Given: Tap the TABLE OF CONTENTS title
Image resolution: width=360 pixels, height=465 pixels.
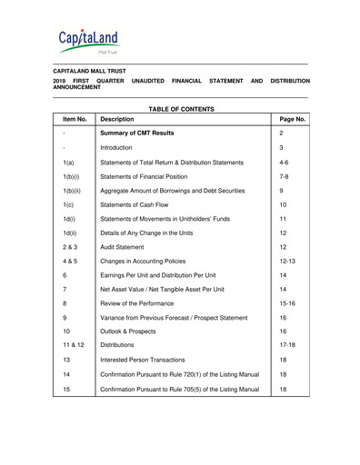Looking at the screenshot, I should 180,109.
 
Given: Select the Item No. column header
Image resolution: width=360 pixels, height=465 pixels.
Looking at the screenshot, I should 75,119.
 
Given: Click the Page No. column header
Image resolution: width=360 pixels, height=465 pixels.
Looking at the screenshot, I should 292,119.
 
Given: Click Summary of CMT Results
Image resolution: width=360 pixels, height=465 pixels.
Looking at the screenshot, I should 137,133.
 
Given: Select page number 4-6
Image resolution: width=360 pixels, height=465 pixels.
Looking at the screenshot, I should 285,162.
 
